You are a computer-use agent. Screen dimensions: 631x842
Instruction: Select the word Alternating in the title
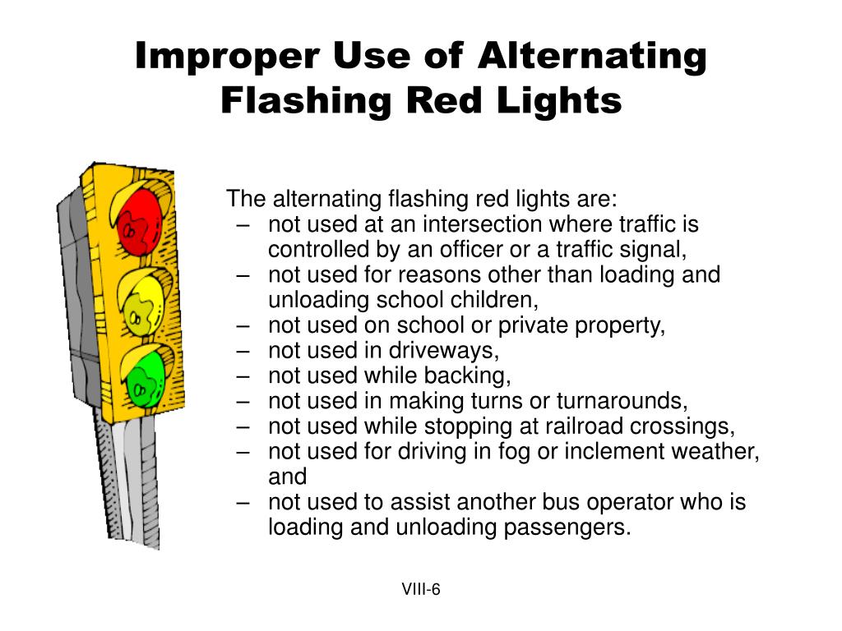tap(592, 57)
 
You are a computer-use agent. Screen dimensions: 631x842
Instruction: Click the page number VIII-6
tap(421, 589)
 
